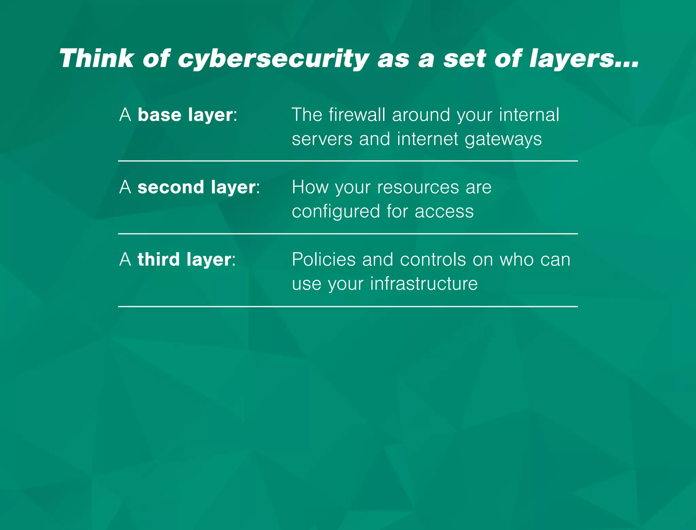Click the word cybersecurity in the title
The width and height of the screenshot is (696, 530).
tap(274, 58)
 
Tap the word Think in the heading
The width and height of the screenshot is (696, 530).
tap(97, 58)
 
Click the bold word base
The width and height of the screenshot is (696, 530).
tap(159, 115)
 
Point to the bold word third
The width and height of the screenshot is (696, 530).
tap(159, 260)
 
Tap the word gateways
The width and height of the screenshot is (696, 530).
tap(503, 139)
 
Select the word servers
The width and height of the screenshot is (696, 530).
tap(322, 139)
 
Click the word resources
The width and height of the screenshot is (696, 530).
tap(418, 187)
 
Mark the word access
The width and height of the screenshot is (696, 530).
tap(444, 212)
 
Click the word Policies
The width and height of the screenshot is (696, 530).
tap(324, 260)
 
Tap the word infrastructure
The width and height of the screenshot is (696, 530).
tap(424, 284)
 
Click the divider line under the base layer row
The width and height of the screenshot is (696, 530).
tap(348, 161)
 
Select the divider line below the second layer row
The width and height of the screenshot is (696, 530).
tap(348, 234)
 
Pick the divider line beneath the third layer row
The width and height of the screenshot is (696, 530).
tap(348, 306)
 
